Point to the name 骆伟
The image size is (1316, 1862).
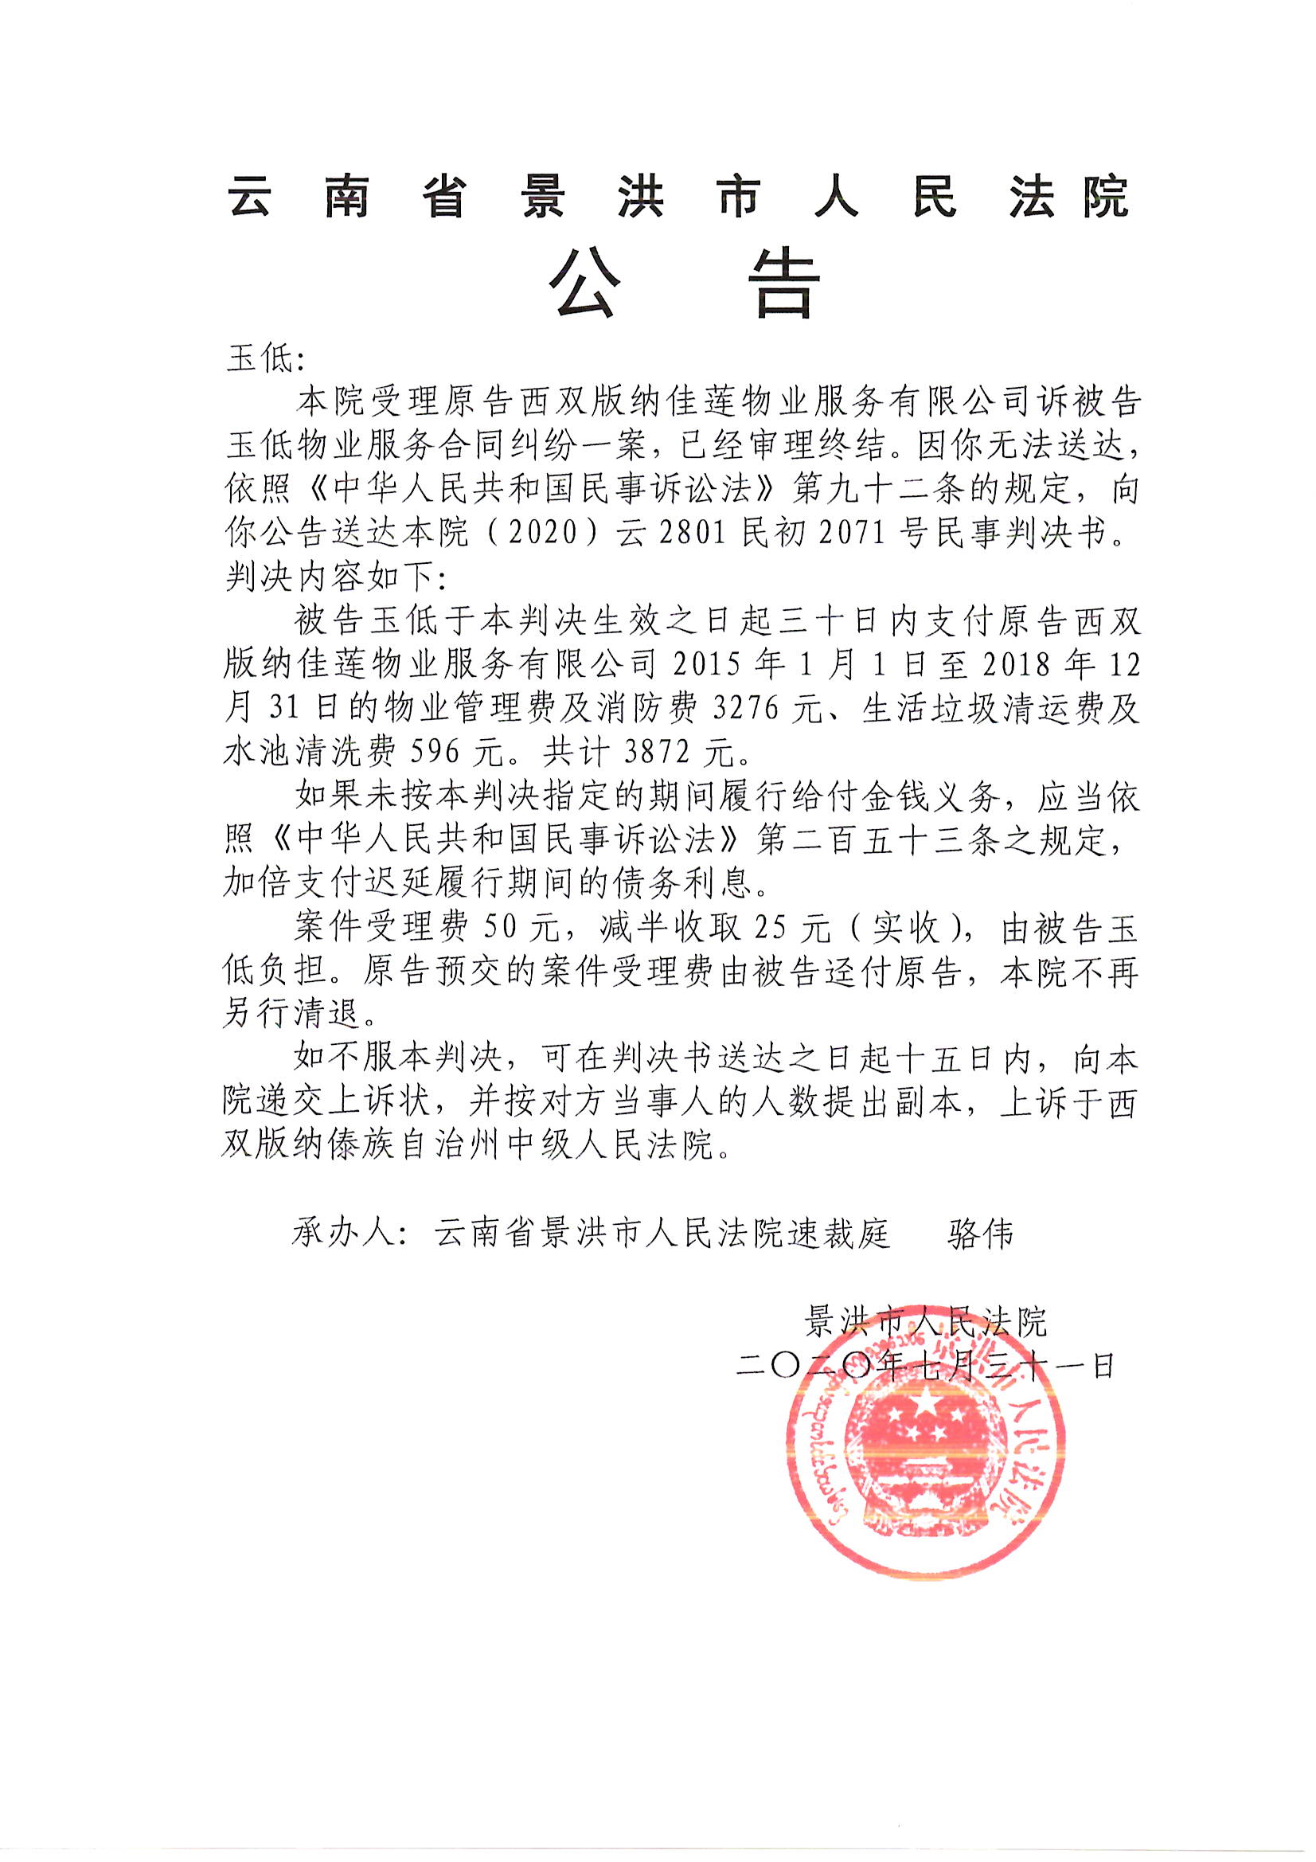[x=980, y=1234]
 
